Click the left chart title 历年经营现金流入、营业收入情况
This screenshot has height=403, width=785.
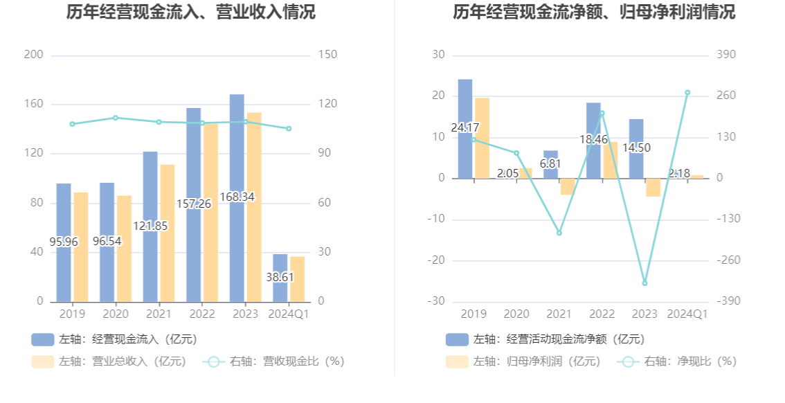[190, 12]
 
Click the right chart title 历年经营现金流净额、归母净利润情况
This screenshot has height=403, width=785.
[594, 12]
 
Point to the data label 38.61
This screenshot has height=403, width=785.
[280, 277]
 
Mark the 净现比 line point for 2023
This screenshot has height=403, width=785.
[644, 283]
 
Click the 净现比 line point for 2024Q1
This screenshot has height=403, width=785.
[687, 92]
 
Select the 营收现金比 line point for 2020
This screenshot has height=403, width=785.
[116, 118]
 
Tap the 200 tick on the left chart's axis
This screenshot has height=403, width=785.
[33, 55]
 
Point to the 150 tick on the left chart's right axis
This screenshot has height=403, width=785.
[327, 55]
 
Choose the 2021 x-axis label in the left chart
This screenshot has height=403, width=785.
[159, 314]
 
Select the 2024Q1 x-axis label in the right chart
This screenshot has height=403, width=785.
[687, 314]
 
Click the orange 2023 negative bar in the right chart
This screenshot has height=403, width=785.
[653, 187]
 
